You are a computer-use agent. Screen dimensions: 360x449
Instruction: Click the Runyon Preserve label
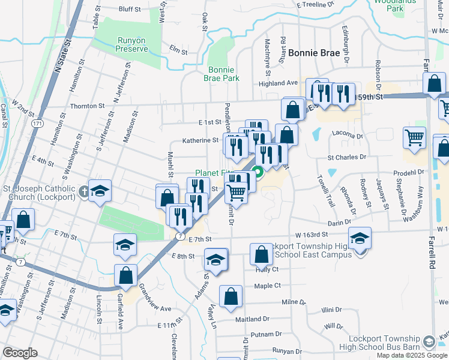click(x=131, y=44)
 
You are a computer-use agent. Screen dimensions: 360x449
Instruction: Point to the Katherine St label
click(x=200, y=140)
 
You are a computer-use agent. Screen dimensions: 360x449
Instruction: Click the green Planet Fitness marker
click(x=259, y=175)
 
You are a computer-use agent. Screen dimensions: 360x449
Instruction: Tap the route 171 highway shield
click(x=38, y=123)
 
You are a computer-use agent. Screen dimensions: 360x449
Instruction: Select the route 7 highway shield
click(x=179, y=236)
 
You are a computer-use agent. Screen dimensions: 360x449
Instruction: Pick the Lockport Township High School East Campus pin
click(x=360, y=239)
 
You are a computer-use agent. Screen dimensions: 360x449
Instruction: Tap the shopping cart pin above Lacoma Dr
click(x=414, y=138)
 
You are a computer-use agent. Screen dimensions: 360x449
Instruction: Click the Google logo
click(x=19, y=353)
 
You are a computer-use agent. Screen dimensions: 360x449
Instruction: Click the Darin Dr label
click(x=339, y=222)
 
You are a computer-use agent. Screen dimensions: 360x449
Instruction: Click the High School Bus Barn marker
click(x=429, y=342)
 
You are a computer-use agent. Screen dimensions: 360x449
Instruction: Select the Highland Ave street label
click(x=278, y=83)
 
